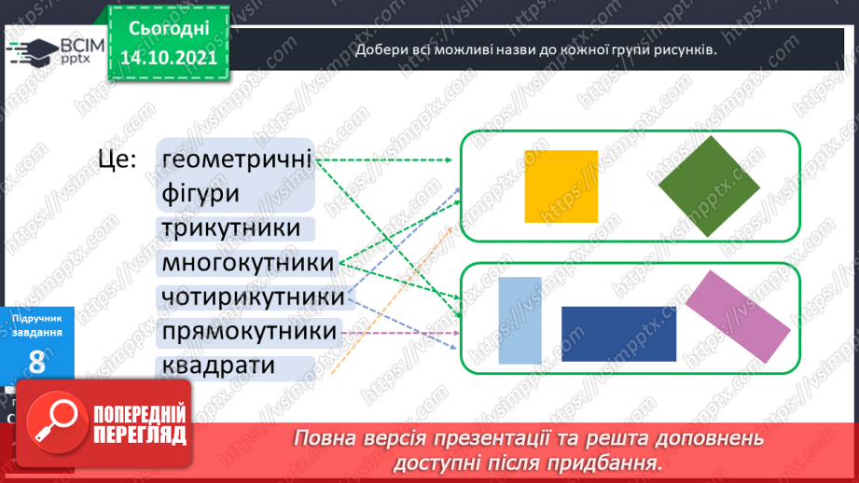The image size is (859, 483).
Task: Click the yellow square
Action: (x=561, y=186)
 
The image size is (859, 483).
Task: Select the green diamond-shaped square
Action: (x=709, y=186)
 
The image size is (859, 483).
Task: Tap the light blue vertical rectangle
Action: (x=520, y=320)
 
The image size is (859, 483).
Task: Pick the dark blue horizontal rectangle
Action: (x=618, y=333)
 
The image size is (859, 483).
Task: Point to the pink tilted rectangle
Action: (x=738, y=316)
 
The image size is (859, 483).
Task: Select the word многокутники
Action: (x=247, y=264)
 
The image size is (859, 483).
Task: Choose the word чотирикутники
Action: (x=253, y=297)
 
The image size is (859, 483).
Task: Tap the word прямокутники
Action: (x=249, y=332)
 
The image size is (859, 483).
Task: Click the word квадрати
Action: (x=218, y=366)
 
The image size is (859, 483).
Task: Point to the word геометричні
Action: (x=236, y=159)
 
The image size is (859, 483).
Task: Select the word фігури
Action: (x=201, y=194)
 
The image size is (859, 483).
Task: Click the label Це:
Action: (x=118, y=159)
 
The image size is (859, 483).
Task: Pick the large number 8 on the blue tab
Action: (x=37, y=363)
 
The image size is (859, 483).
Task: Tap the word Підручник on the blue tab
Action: (x=38, y=320)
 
